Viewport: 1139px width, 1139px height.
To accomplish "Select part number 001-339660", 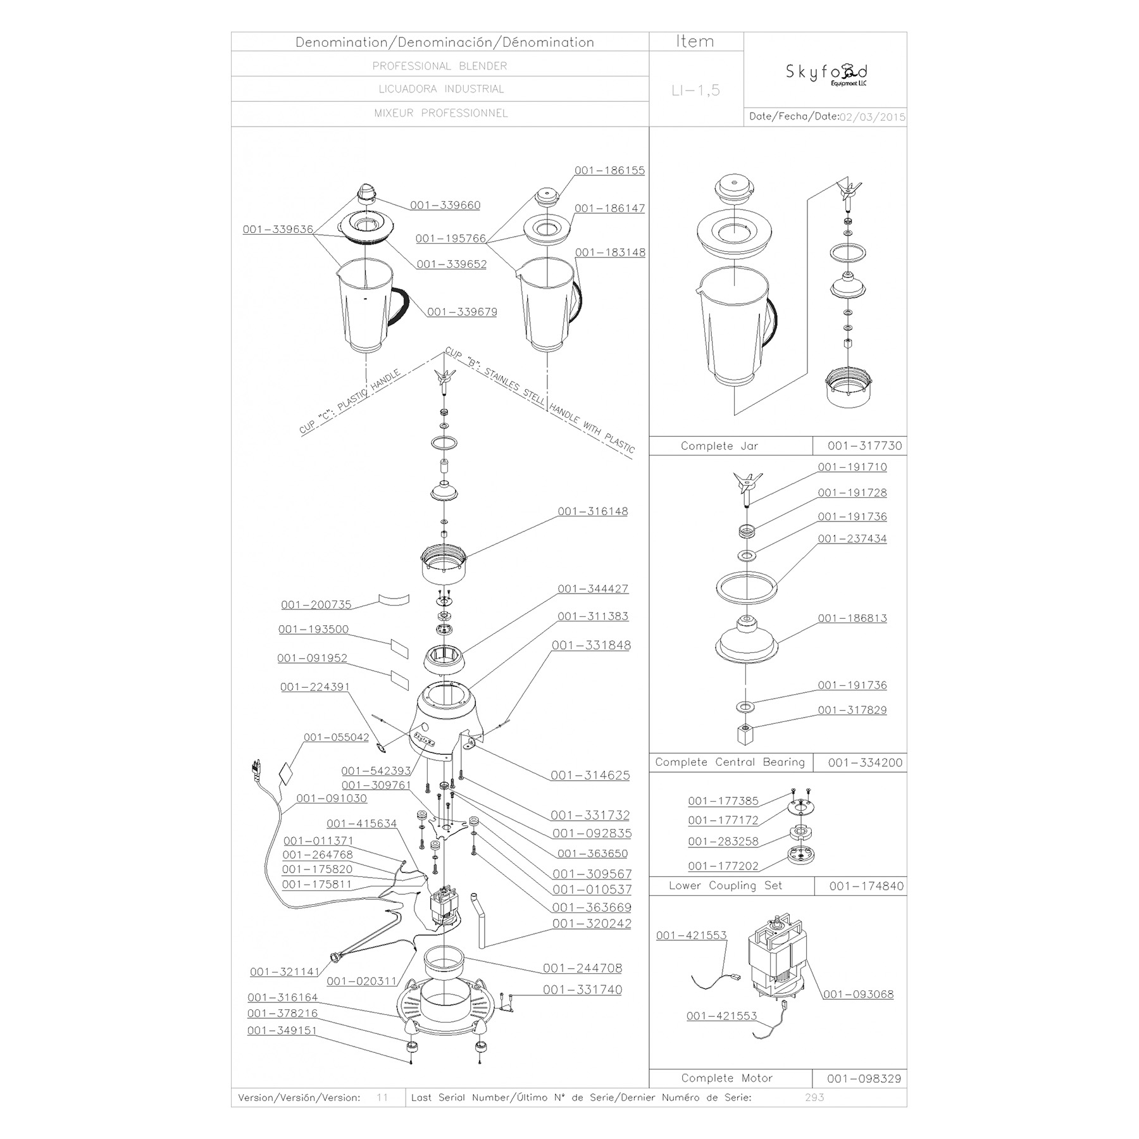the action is click(445, 205).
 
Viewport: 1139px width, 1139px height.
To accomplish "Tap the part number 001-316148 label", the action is click(593, 511).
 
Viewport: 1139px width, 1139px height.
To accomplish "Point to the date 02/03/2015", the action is click(873, 117).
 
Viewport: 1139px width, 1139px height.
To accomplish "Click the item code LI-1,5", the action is click(695, 90).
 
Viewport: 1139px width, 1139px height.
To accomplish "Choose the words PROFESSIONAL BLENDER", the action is click(440, 66).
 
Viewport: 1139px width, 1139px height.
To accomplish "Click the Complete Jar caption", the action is click(719, 445).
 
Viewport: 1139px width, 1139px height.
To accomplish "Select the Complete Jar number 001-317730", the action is click(865, 445).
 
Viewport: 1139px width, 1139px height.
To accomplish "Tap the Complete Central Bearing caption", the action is click(730, 762).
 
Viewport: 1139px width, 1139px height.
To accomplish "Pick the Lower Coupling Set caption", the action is click(726, 885).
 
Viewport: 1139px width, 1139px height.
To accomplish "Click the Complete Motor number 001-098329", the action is click(864, 1078).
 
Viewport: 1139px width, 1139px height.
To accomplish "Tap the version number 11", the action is click(382, 1097).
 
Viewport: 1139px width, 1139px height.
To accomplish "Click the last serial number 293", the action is click(814, 1097).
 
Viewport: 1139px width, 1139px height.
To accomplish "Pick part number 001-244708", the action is click(582, 968).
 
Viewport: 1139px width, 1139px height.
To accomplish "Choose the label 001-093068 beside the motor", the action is click(859, 994).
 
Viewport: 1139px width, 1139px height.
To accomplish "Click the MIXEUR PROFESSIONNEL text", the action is click(441, 113).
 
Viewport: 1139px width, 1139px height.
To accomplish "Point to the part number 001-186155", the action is click(610, 170).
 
